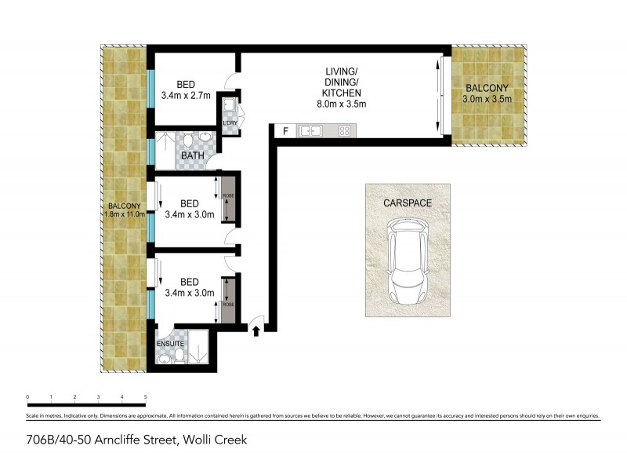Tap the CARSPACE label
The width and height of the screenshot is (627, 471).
(x=408, y=203)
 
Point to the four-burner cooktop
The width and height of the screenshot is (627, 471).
(x=344, y=131)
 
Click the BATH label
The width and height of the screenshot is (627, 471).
(x=193, y=156)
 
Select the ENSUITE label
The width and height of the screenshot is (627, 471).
(x=170, y=342)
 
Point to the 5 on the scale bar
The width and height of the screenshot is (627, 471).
(x=146, y=397)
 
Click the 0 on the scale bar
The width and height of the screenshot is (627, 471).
(x=27, y=397)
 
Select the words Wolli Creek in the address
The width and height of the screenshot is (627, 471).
(x=214, y=440)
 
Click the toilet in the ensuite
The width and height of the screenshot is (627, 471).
(x=180, y=358)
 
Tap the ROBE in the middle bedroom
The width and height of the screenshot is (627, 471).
(x=228, y=196)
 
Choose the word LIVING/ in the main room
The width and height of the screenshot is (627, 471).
(x=342, y=73)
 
